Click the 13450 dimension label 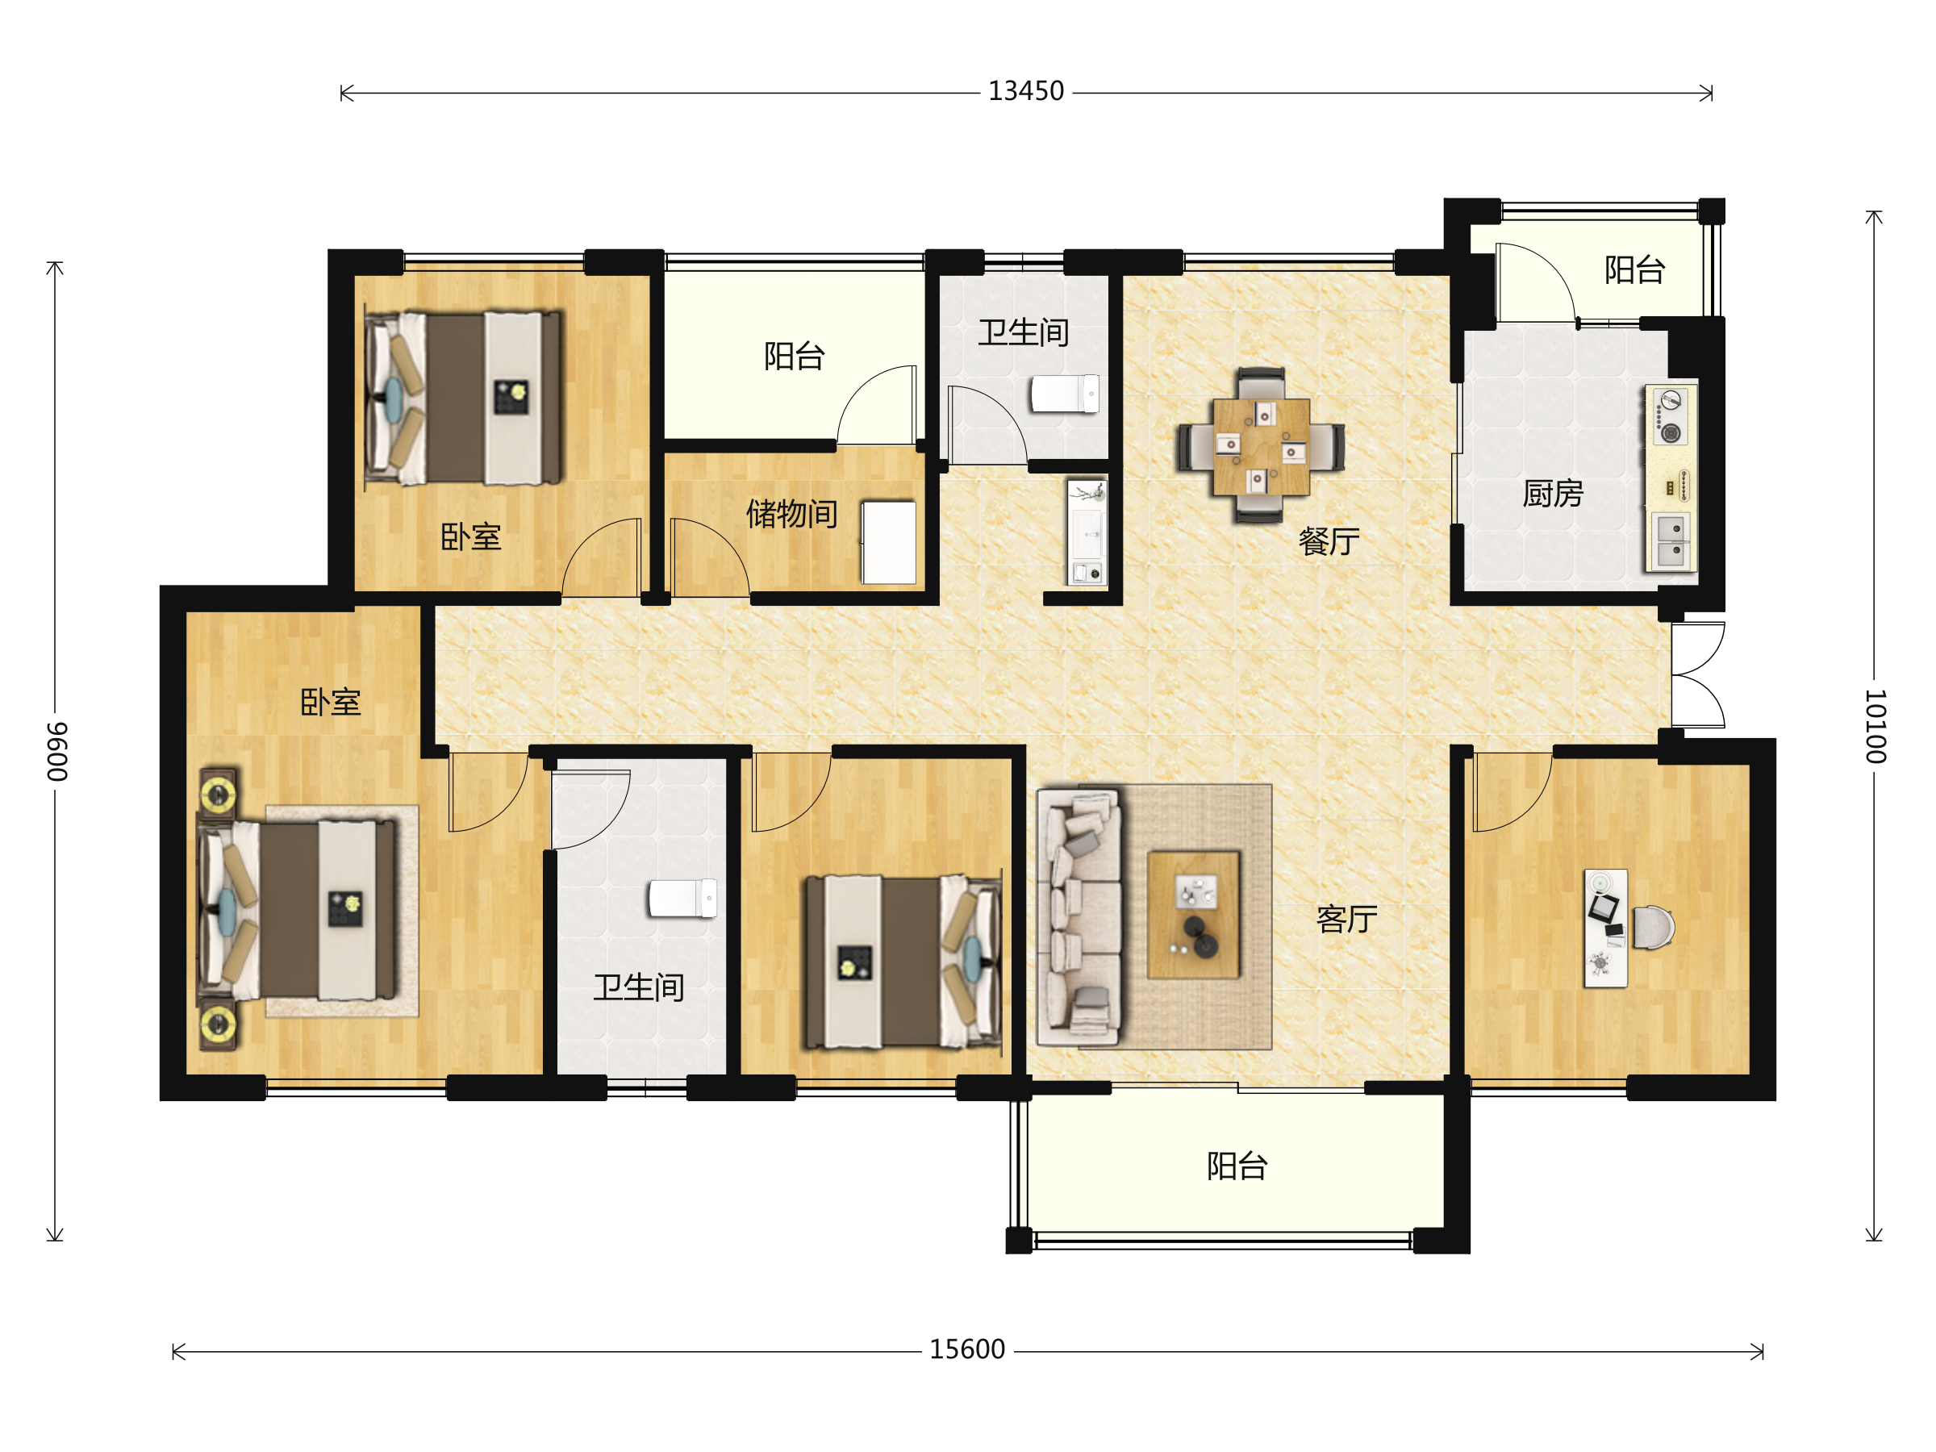pyautogui.click(x=1026, y=91)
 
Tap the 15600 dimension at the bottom pyautogui.click(x=967, y=1350)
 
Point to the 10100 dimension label pyautogui.click(x=1875, y=727)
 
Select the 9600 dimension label pyautogui.click(x=57, y=752)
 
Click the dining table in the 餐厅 pyautogui.click(x=1261, y=446)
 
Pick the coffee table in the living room pyautogui.click(x=1193, y=915)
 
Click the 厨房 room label pyautogui.click(x=1553, y=494)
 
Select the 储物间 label pyautogui.click(x=791, y=514)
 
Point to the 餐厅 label pyautogui.click(x=1329, y=542)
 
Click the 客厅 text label pyautogui.click(x=1346, y=919)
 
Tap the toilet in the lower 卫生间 pyautogui.click(x=682, y=898)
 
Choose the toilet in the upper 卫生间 pyautogui.click(x=1064, y=394)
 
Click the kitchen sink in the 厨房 pyautogui.click(x=1671, y=541)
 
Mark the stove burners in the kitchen pyautogui.click(x=1671, y=416)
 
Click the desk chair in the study pyautogui.click(x=1652, y=927)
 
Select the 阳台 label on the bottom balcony pyautogui.click(x=1237, y=1166)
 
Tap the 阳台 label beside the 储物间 pyautogui.click(x=794, y=357)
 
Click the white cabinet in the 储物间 pyautogui.click(x=888, y=542)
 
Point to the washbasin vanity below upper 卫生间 pyautogui.click(x=1086, y=532)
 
